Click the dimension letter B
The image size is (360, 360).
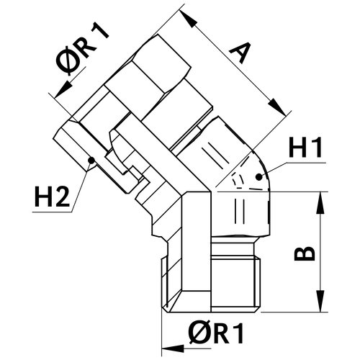(305, 253)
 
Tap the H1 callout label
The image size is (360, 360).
(305, 148)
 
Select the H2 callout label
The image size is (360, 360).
(52, 197)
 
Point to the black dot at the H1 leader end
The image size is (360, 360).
(258, 177)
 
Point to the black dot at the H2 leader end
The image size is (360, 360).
(91, 160)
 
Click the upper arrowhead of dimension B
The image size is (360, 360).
(320, 203)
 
